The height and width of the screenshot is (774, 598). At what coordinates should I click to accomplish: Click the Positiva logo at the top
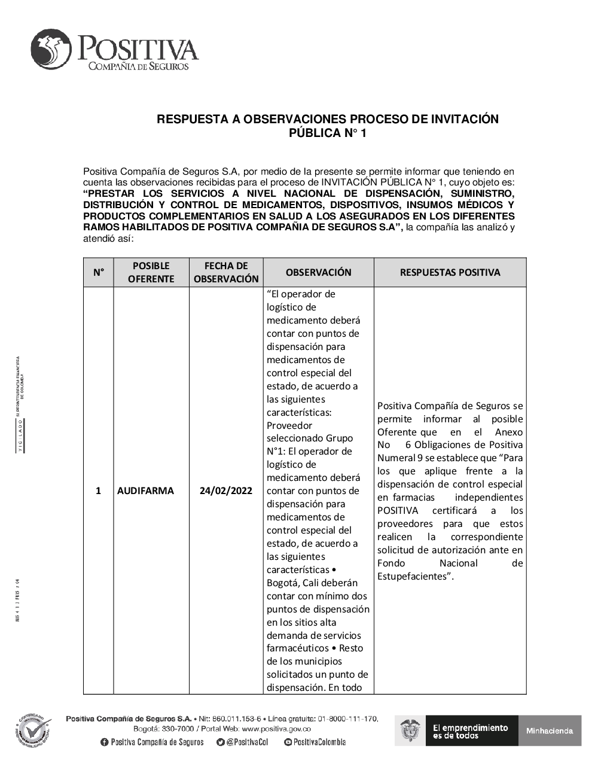coord(114,51)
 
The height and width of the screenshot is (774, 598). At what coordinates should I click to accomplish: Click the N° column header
coord(98,273)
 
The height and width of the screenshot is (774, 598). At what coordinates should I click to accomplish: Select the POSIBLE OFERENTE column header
coord(151,273)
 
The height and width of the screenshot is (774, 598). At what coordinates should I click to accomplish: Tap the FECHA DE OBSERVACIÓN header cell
coord(226,273)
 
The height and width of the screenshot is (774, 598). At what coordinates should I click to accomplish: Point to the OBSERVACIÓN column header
coord(318,273)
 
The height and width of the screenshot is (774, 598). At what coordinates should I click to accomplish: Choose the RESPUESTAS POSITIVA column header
coord(450,273)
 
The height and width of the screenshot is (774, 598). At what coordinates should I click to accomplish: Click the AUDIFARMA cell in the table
coord(145,491)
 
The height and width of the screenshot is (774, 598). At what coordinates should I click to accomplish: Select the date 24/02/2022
coord(226,491)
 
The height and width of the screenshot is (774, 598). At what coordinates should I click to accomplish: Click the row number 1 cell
coord(98,491)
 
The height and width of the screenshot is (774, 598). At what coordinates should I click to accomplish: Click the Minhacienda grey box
coord(550,731)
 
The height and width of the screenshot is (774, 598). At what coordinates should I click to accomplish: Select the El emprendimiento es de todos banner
coord(470,731)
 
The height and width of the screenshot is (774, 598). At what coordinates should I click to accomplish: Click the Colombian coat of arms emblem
coord(411,731)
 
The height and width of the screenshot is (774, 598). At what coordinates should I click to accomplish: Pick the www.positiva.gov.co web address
coord(276,729)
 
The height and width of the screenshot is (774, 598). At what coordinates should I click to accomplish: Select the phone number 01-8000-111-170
coord(347,718)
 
